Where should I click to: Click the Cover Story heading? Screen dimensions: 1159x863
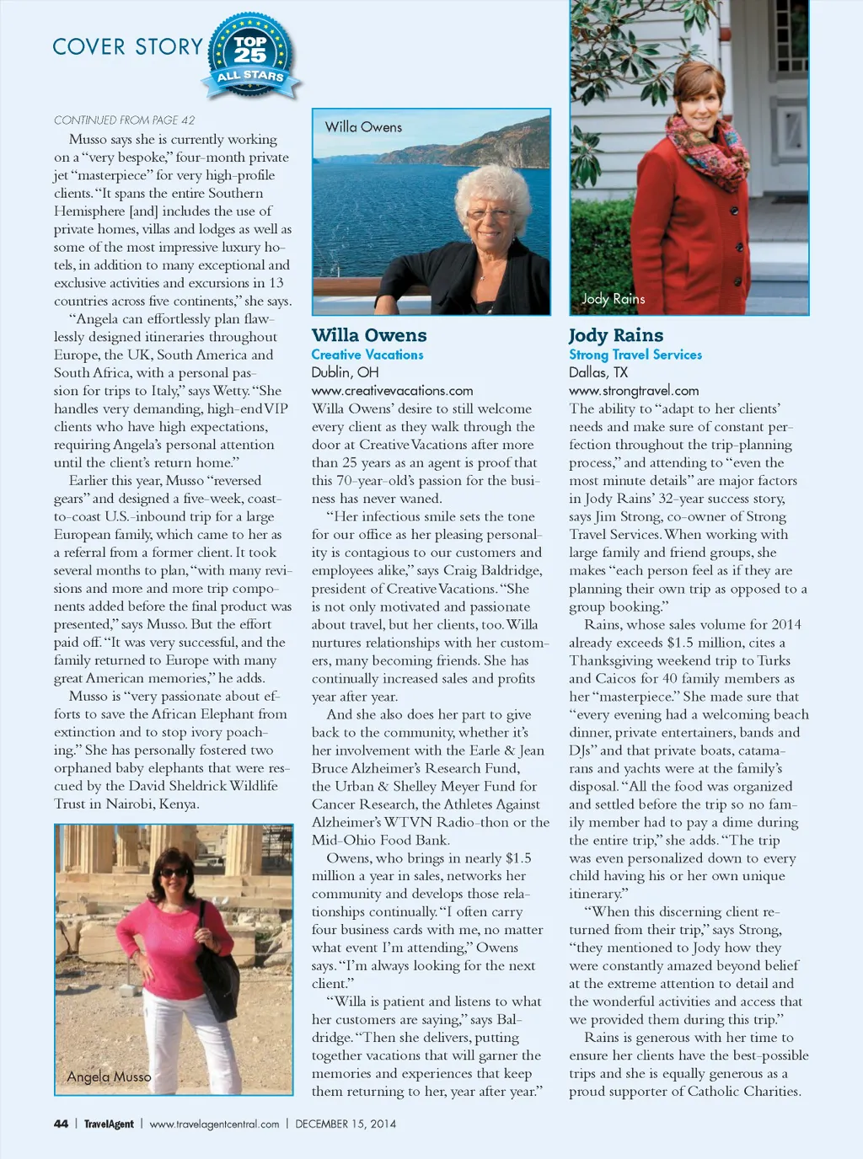127,47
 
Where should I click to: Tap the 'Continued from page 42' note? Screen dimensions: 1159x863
124,120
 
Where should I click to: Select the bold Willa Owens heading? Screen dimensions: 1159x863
369,335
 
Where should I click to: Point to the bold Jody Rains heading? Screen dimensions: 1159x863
615,335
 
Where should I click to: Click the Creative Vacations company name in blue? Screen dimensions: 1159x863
367,355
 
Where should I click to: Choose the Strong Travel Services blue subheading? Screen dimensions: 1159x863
635,355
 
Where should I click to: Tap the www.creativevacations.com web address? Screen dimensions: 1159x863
392,391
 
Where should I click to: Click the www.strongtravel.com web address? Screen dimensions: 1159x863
634,391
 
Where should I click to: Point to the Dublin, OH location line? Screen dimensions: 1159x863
345,372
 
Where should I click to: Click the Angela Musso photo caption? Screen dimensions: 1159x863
109,1076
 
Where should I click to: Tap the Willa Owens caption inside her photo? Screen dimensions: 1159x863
363,127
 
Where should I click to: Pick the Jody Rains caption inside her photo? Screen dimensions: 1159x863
613,299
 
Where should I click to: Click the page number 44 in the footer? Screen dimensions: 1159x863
61,1124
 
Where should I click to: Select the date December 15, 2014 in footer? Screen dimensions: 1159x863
345,1124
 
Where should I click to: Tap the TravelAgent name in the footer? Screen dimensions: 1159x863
109,1124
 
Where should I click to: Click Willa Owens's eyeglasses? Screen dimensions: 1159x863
489,213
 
